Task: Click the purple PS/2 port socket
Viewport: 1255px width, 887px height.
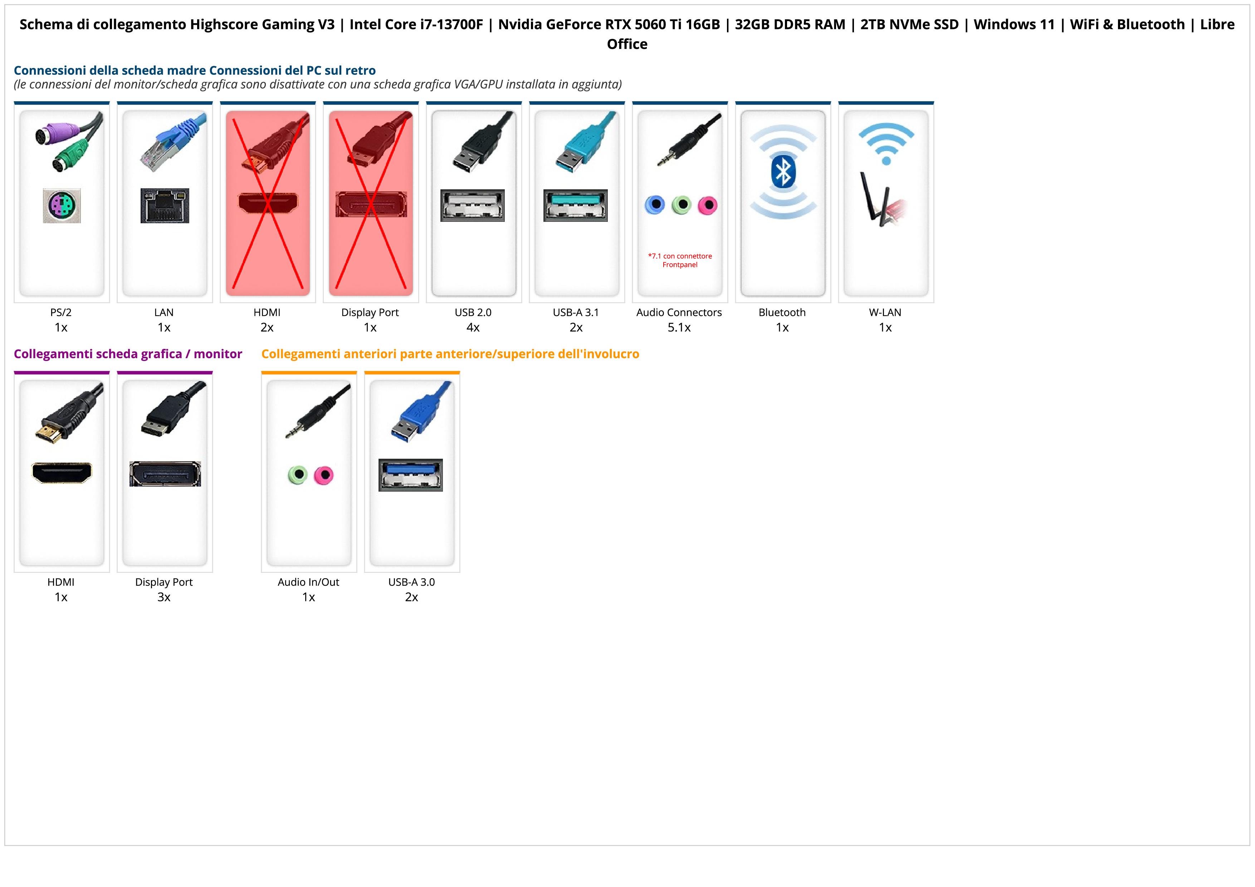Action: tap(62, 205)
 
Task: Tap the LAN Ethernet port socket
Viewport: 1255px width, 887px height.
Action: tap(165, 205)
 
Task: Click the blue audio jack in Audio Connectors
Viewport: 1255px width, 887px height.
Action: tap(654, 205)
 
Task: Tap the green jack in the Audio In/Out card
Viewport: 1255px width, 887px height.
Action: tap(297, 475)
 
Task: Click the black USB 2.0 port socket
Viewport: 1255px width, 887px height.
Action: tap(472, 205)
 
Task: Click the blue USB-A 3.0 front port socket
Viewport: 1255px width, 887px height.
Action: tap(410, 475)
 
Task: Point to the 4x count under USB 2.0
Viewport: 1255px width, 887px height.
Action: tap(473, 327)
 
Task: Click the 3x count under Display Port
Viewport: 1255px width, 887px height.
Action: tap(164, 597)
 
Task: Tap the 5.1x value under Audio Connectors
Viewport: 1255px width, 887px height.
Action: tap(679, 327)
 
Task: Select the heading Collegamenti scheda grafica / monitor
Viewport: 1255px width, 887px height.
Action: tap(128, 354)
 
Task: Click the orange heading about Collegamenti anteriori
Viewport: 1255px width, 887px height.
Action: tap(450, 354)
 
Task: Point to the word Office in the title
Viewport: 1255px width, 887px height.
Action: tap(627, 44)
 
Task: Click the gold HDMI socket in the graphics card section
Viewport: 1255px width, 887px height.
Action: tap(62, 472)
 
